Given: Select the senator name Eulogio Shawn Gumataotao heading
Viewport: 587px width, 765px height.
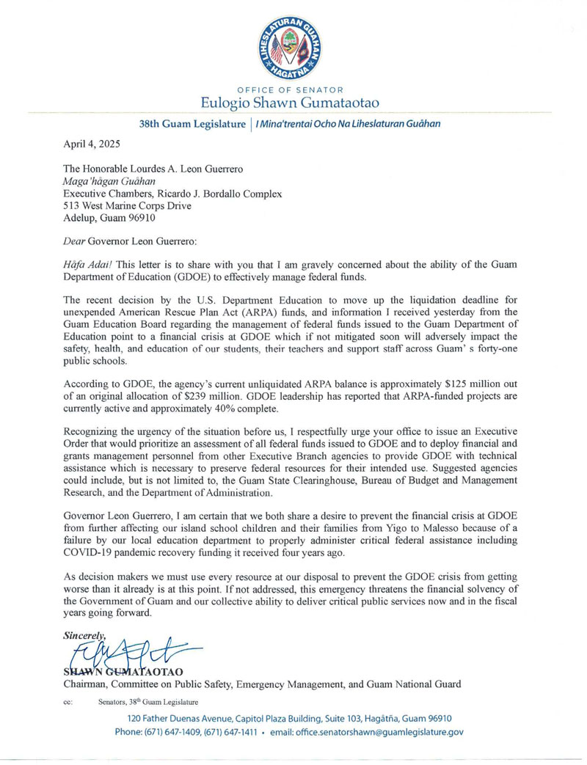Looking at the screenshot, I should click(x=293, y=103).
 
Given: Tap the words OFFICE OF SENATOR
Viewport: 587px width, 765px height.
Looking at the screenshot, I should click(x=293, y=89).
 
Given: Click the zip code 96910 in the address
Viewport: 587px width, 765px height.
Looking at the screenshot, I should click(x=139, y=218).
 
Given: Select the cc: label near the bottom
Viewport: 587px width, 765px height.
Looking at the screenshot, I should click(x=68, y=701).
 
